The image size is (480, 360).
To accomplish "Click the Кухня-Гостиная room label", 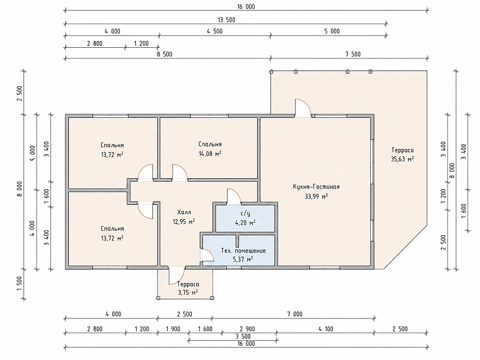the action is pos(316,187).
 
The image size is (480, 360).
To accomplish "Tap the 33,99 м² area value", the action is pos(316,196).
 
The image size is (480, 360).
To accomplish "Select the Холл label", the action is pos(184,212).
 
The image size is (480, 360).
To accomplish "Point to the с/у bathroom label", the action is pos(245,214).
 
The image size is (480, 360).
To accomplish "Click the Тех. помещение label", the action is pos(243,251).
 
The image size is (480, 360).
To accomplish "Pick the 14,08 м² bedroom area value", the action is pos(210,153).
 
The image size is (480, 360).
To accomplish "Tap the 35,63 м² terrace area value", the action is pos(402,159).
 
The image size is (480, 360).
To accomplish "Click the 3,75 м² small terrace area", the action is pos(188,292).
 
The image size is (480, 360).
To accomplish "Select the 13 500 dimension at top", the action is pos(227,20).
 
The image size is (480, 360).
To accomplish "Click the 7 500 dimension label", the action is pos(353,55).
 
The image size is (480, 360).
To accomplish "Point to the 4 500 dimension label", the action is pos(215,31).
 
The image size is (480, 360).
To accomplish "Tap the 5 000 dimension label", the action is pos(332,31).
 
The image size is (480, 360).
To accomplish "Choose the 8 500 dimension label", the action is pos(165,55).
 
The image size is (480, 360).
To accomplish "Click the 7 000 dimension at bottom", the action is pos(294,314).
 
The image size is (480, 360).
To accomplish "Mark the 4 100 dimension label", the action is pos(325,329).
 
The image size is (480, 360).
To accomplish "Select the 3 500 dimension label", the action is pos(243,336).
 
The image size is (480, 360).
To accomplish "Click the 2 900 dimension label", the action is pos(247,329).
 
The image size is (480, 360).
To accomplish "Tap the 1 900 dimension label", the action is pos(173,329).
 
